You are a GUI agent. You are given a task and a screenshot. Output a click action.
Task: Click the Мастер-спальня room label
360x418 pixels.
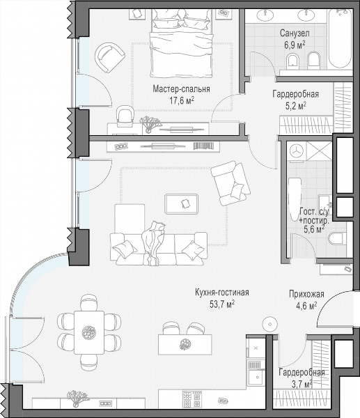(x=181, y=88)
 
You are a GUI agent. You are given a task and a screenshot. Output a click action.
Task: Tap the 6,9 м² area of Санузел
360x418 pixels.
(x=295, y=45)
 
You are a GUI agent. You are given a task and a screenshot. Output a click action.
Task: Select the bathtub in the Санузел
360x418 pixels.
(x=340, y=38)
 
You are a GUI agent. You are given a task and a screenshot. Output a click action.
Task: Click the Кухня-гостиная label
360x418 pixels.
(x=222, y=293)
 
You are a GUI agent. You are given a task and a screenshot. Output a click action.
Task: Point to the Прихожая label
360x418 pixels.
(x=306, y=294)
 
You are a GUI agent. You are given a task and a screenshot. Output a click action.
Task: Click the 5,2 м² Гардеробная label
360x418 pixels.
(x=295, y=106)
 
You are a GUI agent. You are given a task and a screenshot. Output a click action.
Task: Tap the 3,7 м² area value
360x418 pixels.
(x=302, y=384)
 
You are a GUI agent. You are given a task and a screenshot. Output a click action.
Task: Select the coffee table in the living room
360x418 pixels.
(x=182, y=204)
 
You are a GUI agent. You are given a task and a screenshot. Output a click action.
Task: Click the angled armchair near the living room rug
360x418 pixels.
(x=230, y=183)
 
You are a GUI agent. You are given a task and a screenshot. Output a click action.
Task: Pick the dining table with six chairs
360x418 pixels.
(x=89, y=332)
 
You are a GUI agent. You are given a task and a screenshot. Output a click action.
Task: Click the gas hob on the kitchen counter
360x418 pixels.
(x=192, y=398)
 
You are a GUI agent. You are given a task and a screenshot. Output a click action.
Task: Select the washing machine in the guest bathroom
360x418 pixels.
(x=297, y=151)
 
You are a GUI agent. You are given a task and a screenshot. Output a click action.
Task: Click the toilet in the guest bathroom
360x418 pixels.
(x=337, y=238)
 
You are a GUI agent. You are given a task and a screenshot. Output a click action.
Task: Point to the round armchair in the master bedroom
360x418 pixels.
(x=110, y=57)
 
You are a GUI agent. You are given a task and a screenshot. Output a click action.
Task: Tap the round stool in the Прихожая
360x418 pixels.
(x=270, y=324)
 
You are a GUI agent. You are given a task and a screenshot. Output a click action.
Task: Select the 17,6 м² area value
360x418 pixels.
(x=182, y=100)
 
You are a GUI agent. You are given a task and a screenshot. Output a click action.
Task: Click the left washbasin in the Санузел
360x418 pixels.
(x=265, y=15)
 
